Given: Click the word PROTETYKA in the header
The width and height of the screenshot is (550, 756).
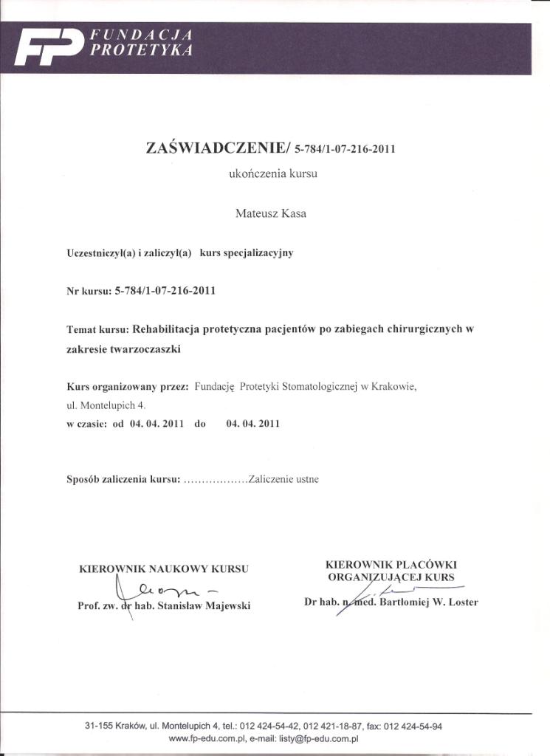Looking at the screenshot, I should (x=141, y=50).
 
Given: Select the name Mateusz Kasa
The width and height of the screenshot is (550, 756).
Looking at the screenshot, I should (x=270, y=213).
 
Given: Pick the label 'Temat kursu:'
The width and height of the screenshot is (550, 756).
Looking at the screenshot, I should (x=98, y=330).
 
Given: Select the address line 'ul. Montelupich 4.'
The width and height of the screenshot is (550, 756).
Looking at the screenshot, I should (x=106, y=405).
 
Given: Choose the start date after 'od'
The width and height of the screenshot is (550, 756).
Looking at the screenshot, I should (x=157, y=425).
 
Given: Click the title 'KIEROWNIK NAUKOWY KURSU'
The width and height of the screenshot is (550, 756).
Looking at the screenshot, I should (x=164, y=569).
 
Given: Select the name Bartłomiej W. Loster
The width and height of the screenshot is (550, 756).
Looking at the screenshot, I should (x=428, y=602).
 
